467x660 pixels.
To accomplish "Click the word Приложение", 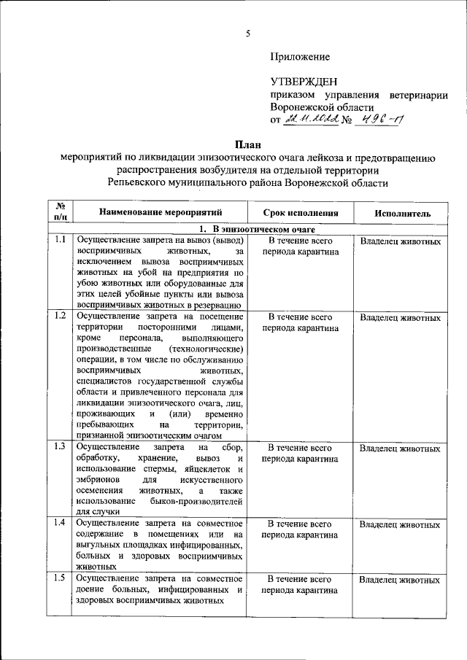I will [x=299, y=56].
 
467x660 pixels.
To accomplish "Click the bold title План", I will [x=247, y=144].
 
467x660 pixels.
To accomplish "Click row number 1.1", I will [x=61, y=240].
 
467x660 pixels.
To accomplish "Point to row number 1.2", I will [x=61, y=316].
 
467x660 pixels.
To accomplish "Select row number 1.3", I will [x=61, y=446].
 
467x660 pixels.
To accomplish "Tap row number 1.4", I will [x=61, y=522].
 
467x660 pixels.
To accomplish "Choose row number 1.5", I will [x=61, y=578].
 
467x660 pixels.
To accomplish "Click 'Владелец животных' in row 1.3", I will [x=400, y=449].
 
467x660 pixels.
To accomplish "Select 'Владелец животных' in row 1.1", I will [x=400, y=241].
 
